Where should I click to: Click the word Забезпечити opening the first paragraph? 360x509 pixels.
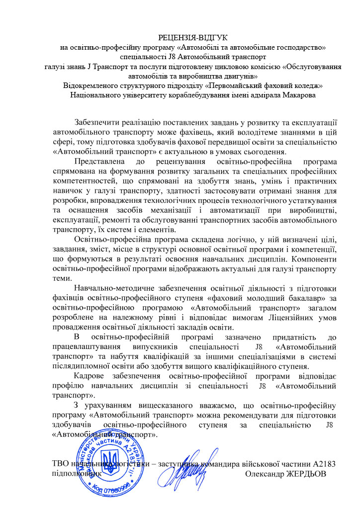pyautogui.click(x=99, y=123)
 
